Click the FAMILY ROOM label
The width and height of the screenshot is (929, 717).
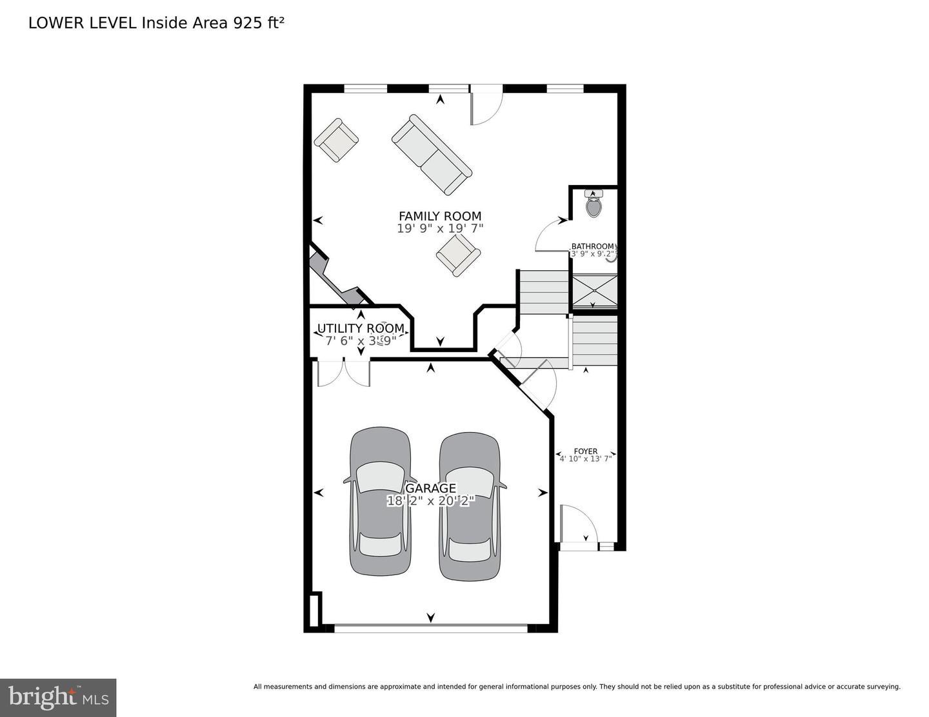[439, 216]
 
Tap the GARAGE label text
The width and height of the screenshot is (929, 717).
[430, 488]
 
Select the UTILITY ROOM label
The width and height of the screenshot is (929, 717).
[360, 329]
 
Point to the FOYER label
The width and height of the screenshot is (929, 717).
[585, 451]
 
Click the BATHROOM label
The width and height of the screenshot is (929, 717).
[592, 246]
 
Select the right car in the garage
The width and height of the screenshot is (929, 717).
[469, 505]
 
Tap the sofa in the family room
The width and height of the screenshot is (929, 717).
[432, 155]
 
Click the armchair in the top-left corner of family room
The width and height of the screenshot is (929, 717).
[336, 140]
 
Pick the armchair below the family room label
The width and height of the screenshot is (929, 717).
[458, 255]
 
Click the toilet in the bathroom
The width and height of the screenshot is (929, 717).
[594, 204]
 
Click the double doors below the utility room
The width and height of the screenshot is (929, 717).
[343, 373]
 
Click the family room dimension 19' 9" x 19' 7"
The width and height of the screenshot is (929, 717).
[439, 228]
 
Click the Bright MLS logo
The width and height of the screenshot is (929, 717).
[58, 698]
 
